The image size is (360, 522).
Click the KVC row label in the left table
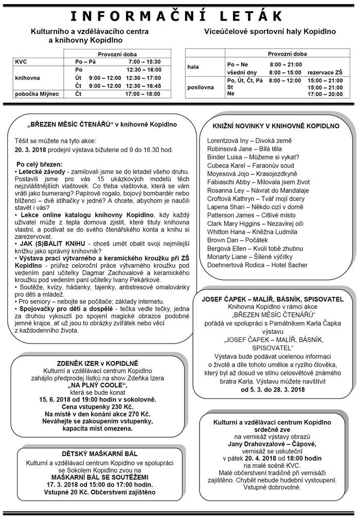click(x=22, y=62)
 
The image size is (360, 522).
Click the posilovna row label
click(x=201, y=87)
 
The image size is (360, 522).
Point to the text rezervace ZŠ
click(x=325, y=73)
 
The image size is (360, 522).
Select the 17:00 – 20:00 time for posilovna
click(x=325, y=94)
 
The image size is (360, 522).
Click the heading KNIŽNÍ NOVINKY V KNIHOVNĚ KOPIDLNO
click(x=276, y=125)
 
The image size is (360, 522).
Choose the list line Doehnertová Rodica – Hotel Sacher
click(x=257, y=265)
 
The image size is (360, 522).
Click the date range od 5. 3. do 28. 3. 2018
click(x=273, y=390)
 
